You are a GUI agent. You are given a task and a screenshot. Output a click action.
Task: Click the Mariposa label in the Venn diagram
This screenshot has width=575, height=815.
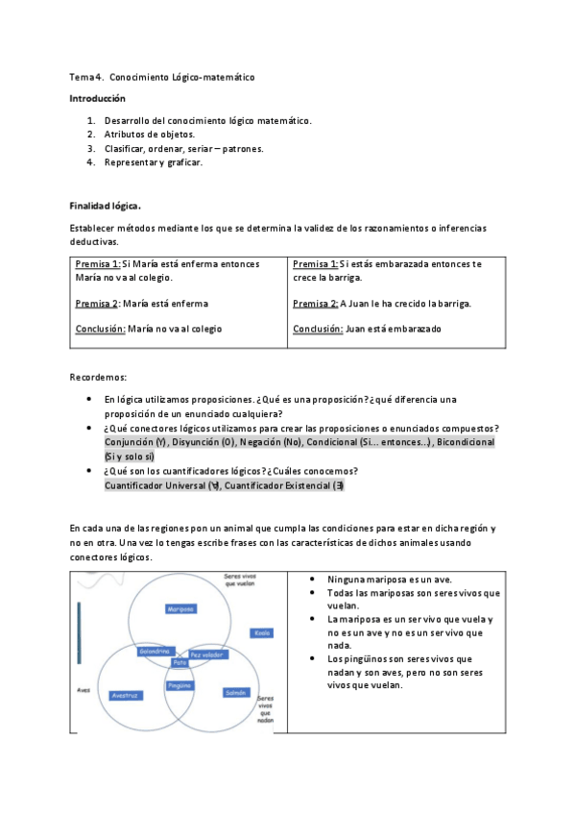[x=180, y=609]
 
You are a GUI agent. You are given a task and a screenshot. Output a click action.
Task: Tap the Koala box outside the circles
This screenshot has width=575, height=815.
[x=261, y=632]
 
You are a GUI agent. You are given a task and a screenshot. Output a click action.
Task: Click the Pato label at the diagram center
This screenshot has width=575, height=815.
[x=180, y=663]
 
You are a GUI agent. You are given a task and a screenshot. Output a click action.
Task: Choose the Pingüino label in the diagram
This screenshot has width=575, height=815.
[x=180, y=685]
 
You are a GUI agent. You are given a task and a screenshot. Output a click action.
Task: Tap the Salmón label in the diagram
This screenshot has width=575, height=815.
[x=236, y=692]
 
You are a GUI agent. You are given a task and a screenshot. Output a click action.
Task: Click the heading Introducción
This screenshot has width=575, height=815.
[x=97, y=99]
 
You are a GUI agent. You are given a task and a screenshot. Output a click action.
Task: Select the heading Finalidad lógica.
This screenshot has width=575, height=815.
[x=106, y=206]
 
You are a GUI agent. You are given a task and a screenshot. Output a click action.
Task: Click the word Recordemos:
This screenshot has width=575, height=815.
[x=99, y=377]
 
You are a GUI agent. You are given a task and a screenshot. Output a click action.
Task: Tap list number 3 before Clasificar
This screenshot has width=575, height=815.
[x=90, y=149]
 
